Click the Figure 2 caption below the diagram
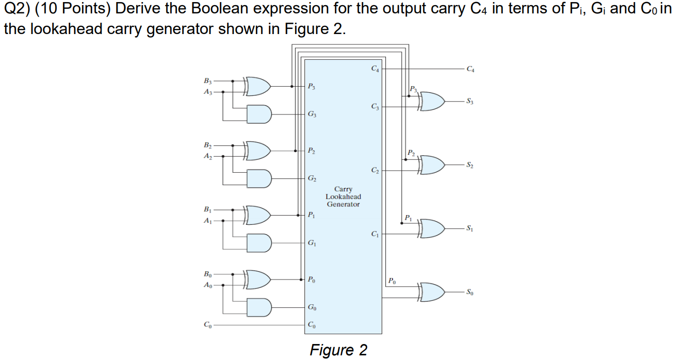point(338,350)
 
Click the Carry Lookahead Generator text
point(343,197)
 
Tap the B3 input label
point(207,80)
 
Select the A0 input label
point(207,285)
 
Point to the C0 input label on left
point(207,325)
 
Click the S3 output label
point(469,101)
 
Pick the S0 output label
point(469,292)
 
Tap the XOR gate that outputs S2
point(432,165)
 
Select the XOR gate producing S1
point(432,228)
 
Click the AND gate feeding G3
point(259,114)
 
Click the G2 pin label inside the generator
point(312,178)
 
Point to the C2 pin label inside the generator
point(375,170)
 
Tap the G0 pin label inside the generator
point(312,307)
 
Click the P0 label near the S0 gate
point(393,281)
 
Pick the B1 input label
point(207,209)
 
